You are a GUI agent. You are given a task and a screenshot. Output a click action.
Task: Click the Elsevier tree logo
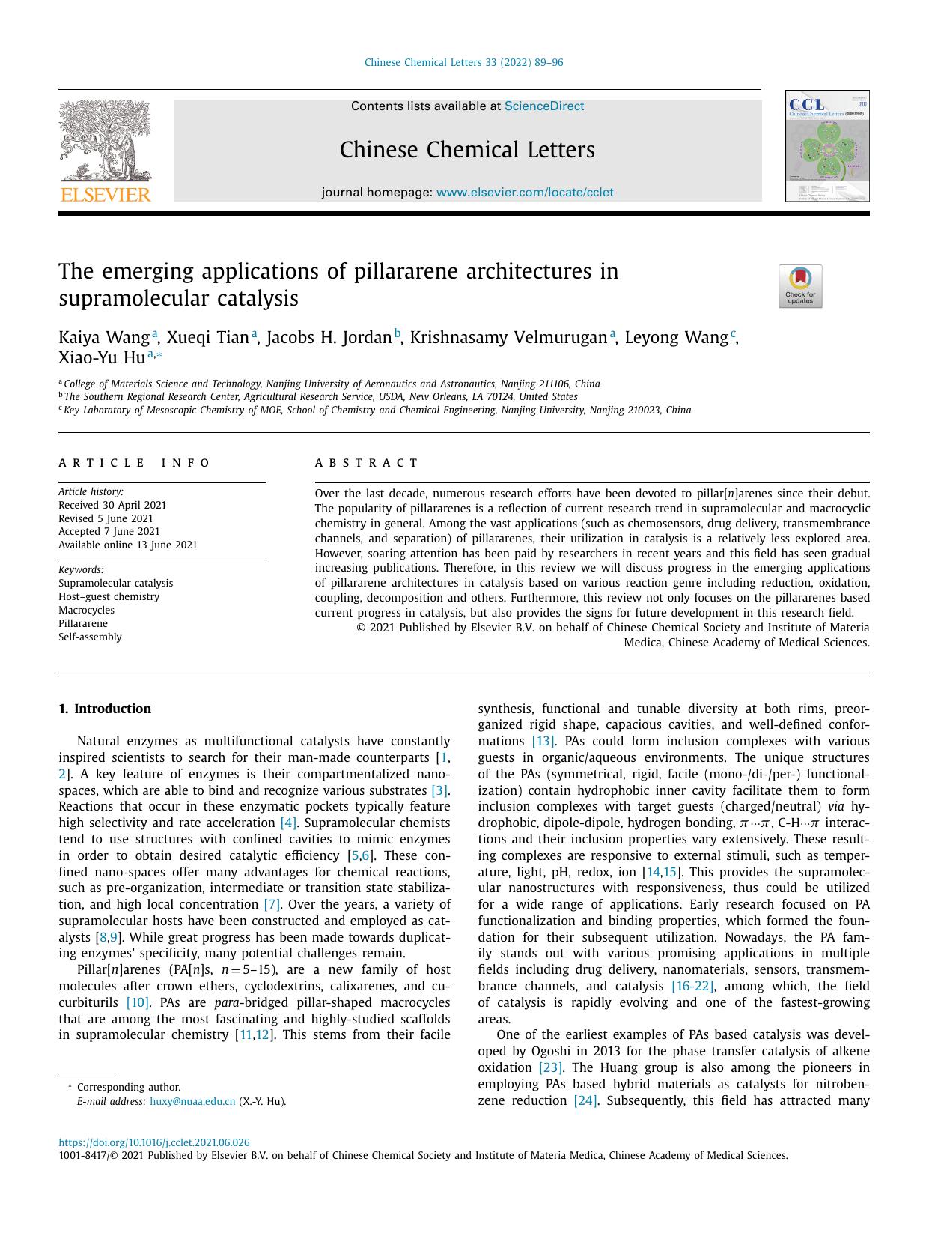pos(105,151)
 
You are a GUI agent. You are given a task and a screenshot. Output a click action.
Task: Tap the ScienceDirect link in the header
pos(543,106)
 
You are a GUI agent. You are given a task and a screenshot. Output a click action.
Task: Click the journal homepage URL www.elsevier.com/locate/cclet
pos(524,193)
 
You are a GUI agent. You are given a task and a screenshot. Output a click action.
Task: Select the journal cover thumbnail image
pos(826,146)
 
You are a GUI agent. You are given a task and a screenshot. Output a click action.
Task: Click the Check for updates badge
pos(799,286)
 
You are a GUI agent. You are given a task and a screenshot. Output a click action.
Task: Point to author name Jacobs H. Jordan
pos(329,338)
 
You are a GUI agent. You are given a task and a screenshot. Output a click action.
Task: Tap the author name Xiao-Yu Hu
pos(102,357)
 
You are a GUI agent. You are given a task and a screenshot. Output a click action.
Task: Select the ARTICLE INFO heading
pos(135,463)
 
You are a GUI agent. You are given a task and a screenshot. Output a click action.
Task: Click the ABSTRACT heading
pos(366,463)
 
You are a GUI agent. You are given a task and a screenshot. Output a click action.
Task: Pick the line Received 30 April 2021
pos(112,505)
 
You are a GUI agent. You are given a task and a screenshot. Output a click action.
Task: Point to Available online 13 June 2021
pos(127,545)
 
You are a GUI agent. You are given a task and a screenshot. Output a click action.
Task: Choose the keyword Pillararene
pos(83,623)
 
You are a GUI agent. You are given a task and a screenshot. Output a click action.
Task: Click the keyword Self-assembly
pos(90,637)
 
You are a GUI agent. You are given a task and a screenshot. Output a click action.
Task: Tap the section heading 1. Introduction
pos(105,709)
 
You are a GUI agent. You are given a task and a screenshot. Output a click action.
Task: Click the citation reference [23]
pos(549,1067)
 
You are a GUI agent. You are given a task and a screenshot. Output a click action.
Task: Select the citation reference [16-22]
pos(692,986)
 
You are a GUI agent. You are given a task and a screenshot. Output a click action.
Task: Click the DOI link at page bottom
pos(153,1142)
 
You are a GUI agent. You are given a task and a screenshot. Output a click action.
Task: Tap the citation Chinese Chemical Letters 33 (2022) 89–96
pos(463,62)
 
